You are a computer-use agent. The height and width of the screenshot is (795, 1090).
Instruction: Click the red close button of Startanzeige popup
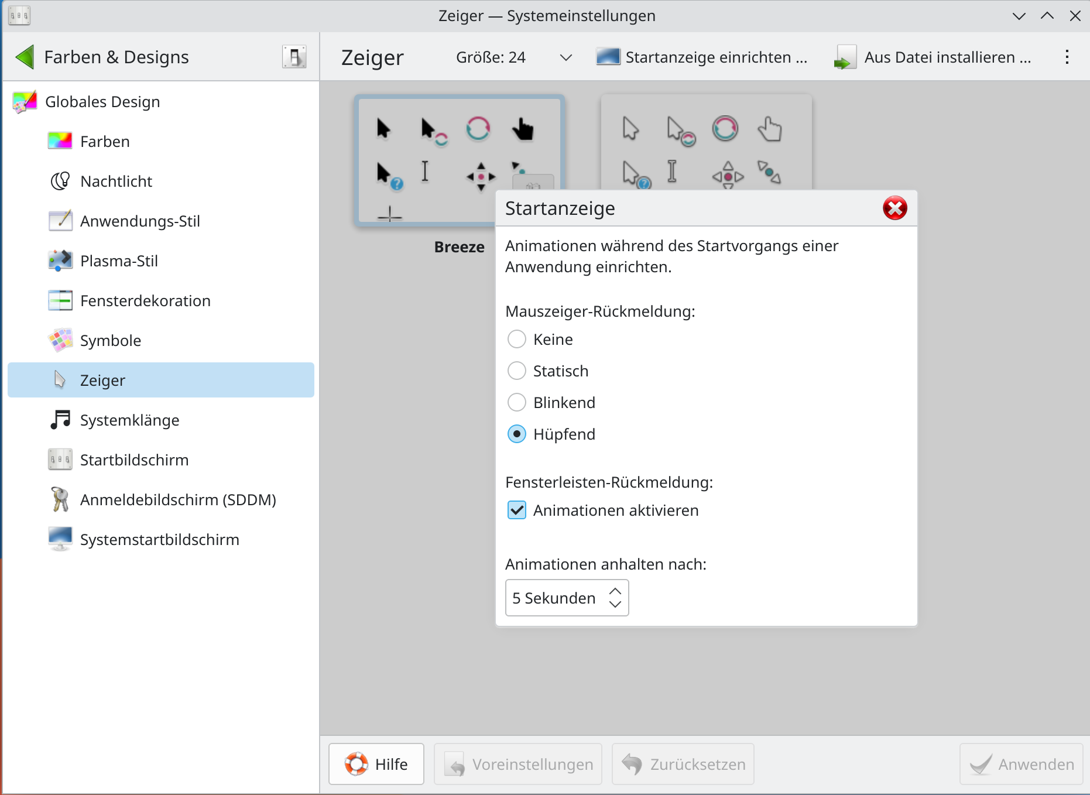894,208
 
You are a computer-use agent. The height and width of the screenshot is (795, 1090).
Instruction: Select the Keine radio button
516,339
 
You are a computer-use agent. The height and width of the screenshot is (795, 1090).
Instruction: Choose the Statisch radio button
516,371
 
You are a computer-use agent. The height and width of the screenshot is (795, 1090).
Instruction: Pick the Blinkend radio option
516,402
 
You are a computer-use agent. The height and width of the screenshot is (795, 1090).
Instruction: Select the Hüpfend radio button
516,434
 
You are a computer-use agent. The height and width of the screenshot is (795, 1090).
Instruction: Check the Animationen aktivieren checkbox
516,510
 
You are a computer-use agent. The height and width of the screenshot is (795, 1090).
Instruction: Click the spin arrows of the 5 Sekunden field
615,598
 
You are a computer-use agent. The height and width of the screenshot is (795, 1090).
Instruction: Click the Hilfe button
376,764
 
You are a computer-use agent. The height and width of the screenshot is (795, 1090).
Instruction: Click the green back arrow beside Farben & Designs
25,57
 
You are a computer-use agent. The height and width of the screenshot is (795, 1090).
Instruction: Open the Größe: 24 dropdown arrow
565,57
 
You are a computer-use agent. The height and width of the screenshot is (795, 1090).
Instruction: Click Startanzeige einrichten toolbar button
701,57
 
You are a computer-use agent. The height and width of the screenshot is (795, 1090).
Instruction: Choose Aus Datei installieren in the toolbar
933,57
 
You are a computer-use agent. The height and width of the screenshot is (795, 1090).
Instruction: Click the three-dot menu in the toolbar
1067,57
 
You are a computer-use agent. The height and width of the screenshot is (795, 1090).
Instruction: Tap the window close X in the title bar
1075,16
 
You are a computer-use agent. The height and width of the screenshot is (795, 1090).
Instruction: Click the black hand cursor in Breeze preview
523,129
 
